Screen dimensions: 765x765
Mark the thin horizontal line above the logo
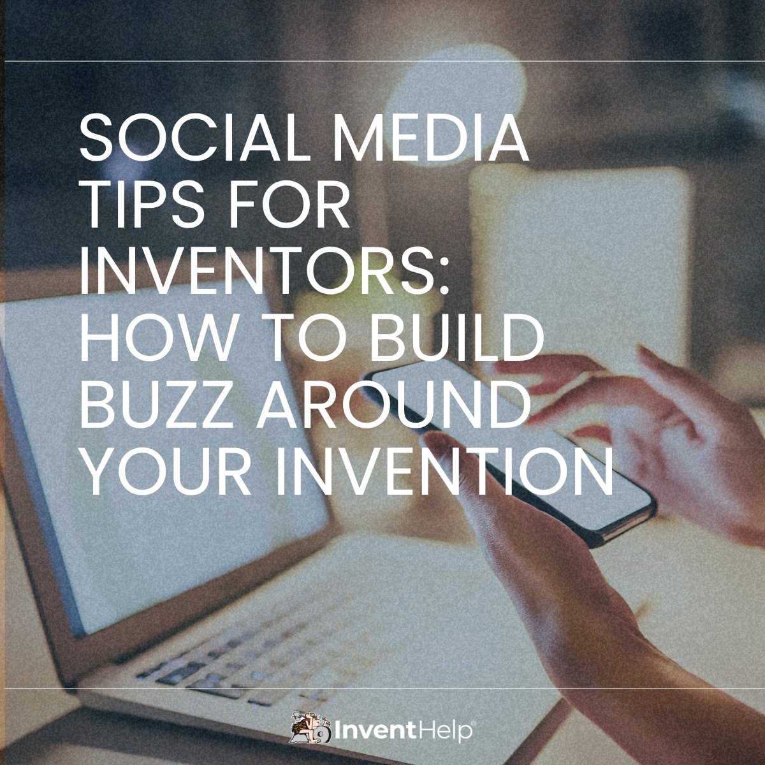click(x=382, y=688)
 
